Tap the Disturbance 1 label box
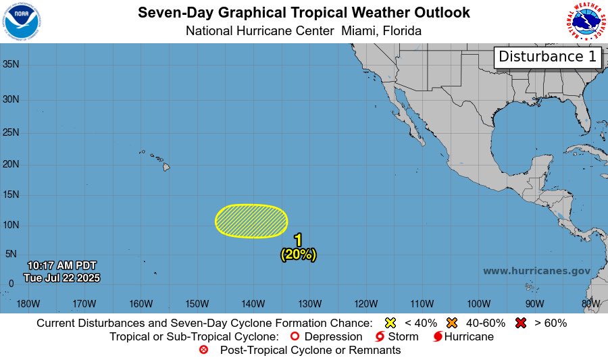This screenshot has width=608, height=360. (x=548, y=57)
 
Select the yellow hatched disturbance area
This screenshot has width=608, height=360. (x=251, y=221)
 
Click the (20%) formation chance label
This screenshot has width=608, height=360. (x=298, y=255)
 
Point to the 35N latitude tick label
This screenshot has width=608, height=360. (x=11, y=65)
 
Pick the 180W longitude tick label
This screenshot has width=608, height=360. (x=27, y=303)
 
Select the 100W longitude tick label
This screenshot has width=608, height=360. (x=478, y=303)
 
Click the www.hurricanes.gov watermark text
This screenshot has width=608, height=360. (x=536, y=271)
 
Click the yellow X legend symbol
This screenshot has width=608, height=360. (x=390, y=323)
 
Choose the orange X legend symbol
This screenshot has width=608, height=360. (x=452, y=323)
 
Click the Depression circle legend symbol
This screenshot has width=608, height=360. (x=294, y=336)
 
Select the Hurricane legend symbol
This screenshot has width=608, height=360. (x=438, y=336)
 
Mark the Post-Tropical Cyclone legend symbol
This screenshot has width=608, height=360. (x=204, y=350)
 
